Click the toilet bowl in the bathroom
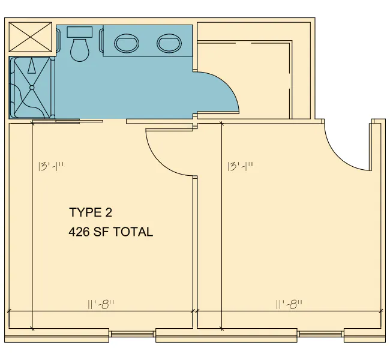(80, 50)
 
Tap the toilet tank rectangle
(80, 32)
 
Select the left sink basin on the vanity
(127, 43)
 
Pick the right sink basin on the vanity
(169, 43)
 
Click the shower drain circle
(32, 88)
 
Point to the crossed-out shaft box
(31, 37)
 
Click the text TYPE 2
(91, 212)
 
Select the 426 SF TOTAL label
(110, 232)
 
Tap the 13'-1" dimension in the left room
(51, 166)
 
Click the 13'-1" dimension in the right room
(240, 166)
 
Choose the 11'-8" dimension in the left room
(101, 304)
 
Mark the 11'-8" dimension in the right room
(289, 304)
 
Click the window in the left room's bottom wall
(133, 334)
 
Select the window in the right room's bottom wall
(320, 334)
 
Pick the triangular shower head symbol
(31, 66)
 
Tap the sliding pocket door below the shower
(68, 121)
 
